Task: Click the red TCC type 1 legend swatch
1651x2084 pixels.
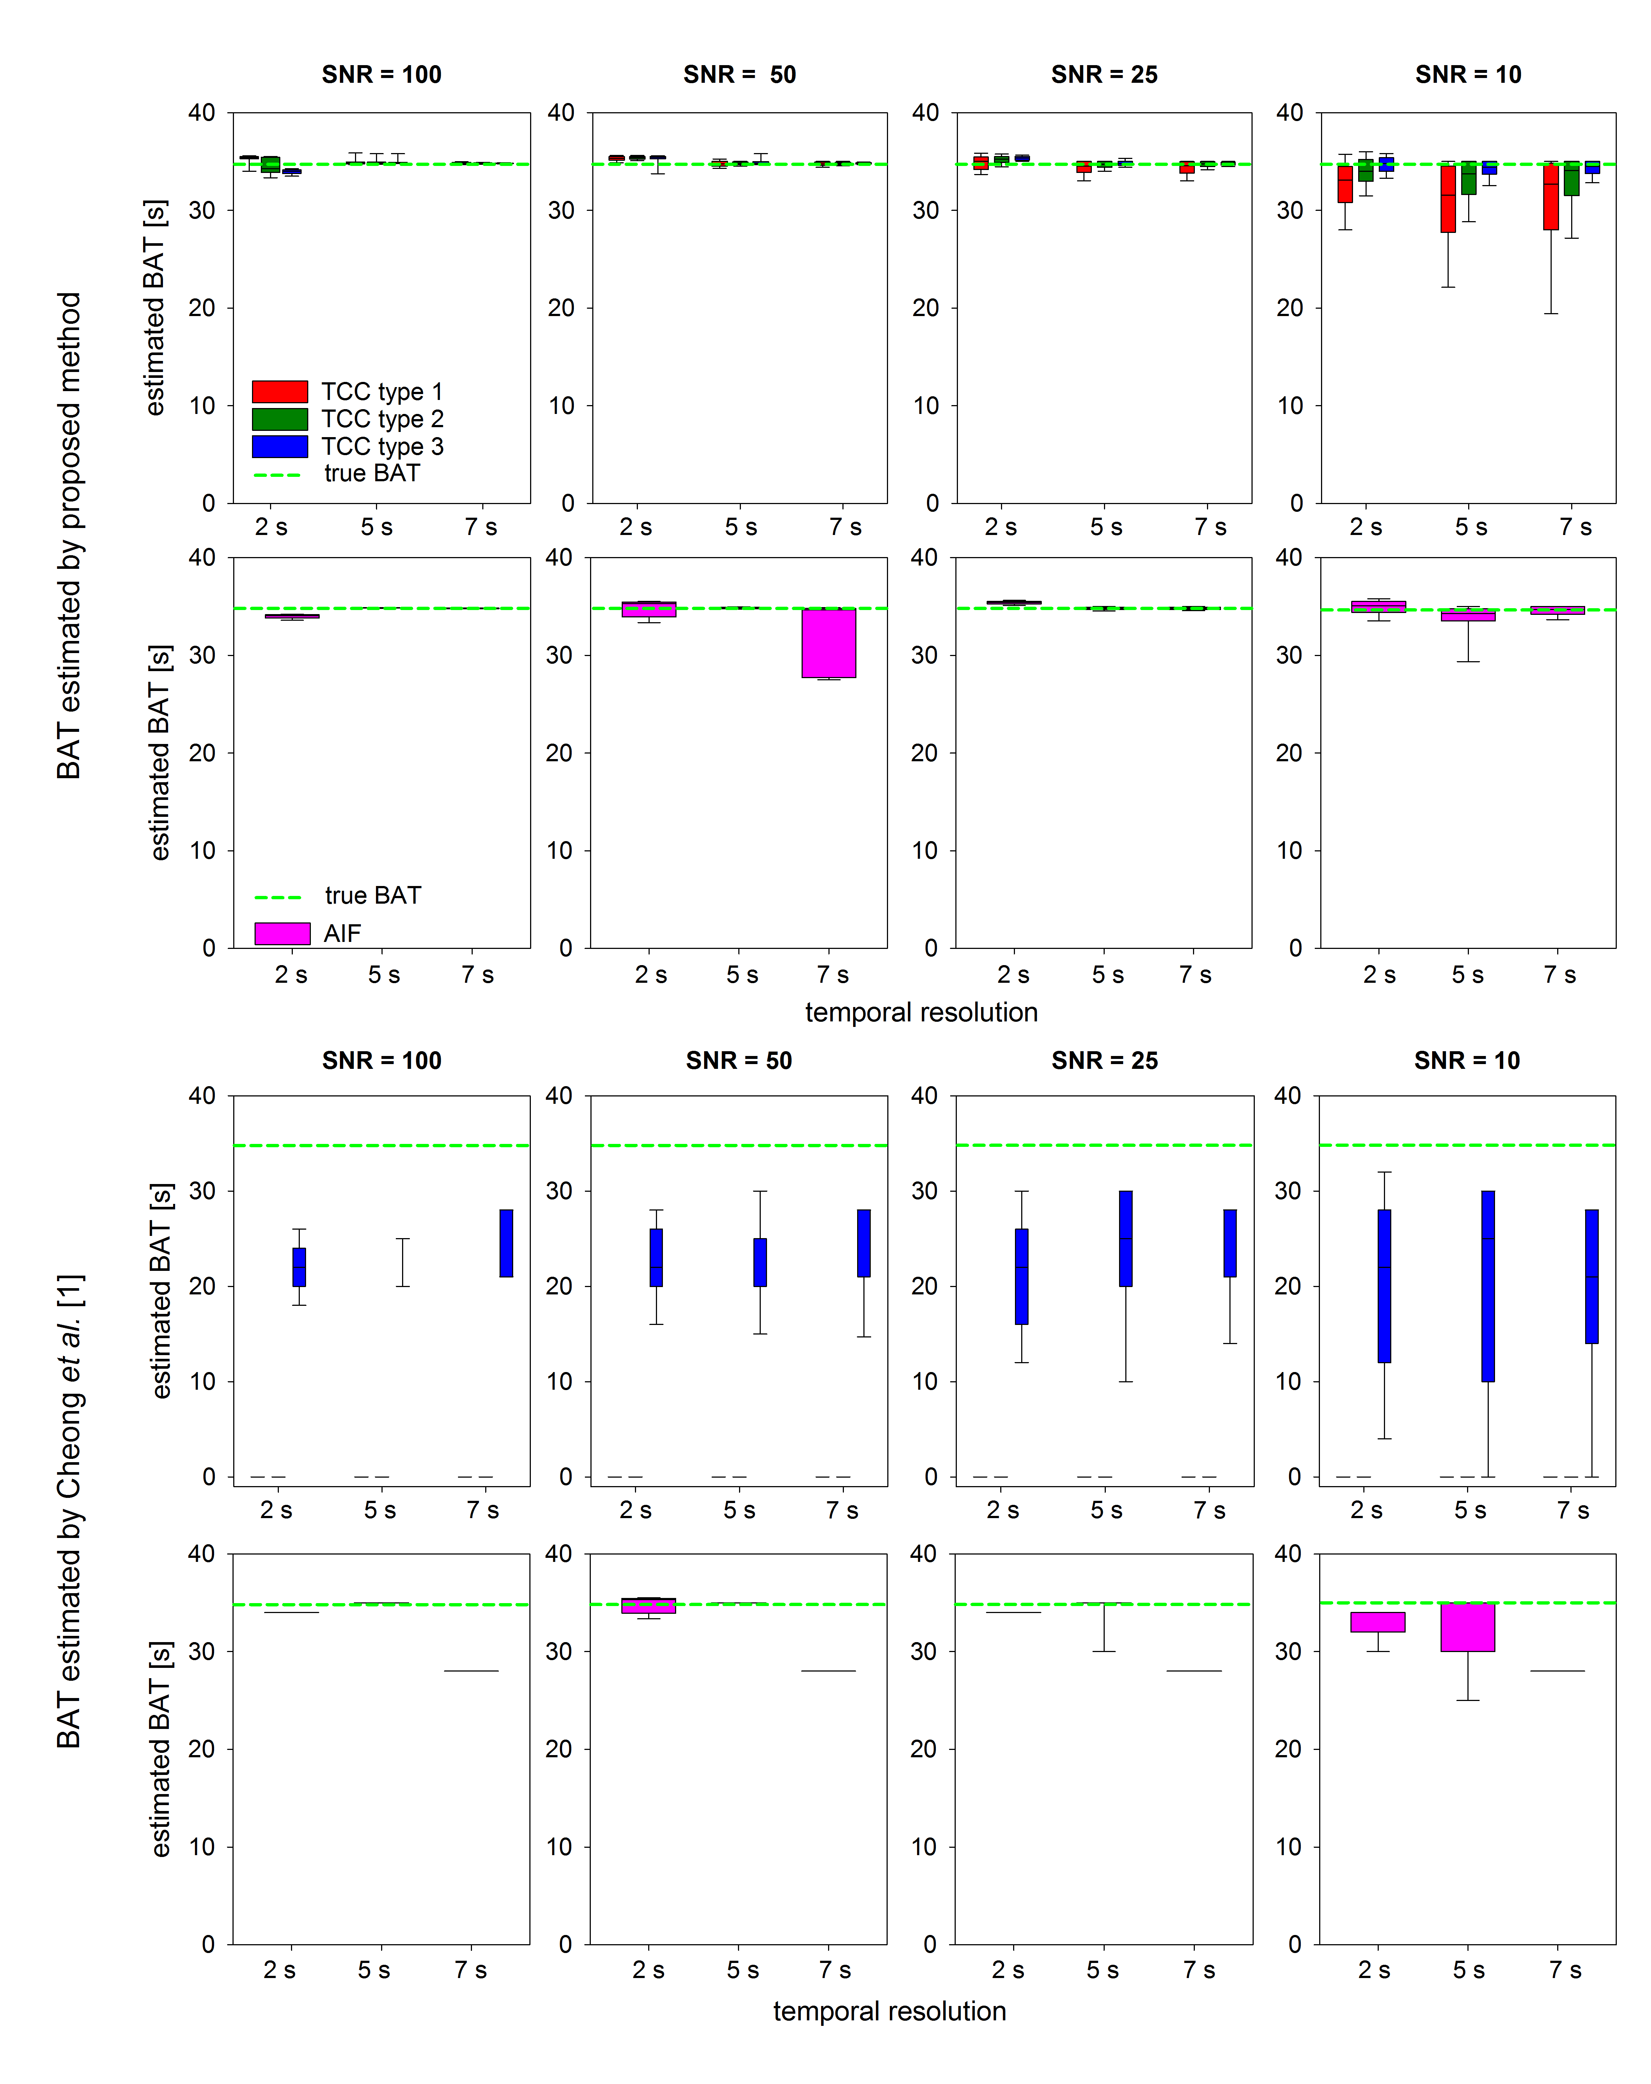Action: [279, 391]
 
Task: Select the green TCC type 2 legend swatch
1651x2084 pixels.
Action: [279, 419]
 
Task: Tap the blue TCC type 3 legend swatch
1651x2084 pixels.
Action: [279, 446]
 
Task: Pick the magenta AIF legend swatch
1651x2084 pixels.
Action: [282, 933]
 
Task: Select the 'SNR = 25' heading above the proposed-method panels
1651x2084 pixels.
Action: [1104, 74]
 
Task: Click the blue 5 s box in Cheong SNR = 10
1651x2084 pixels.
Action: [1488, 1286]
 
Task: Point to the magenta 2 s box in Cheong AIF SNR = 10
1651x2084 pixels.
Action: [1377, 1622]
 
